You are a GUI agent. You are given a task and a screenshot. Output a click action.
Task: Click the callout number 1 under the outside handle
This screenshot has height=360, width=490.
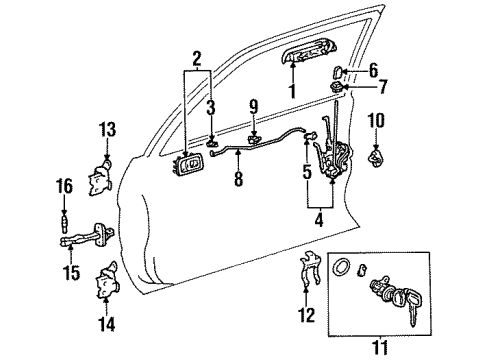tap(292, 93)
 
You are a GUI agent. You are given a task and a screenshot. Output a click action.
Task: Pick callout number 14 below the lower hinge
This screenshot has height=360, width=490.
tap(108, 323)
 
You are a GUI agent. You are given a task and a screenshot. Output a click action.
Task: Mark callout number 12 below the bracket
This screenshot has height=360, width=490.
tap(307, 316)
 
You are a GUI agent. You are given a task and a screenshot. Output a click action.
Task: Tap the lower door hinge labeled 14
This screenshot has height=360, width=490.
tap(108, 285)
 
